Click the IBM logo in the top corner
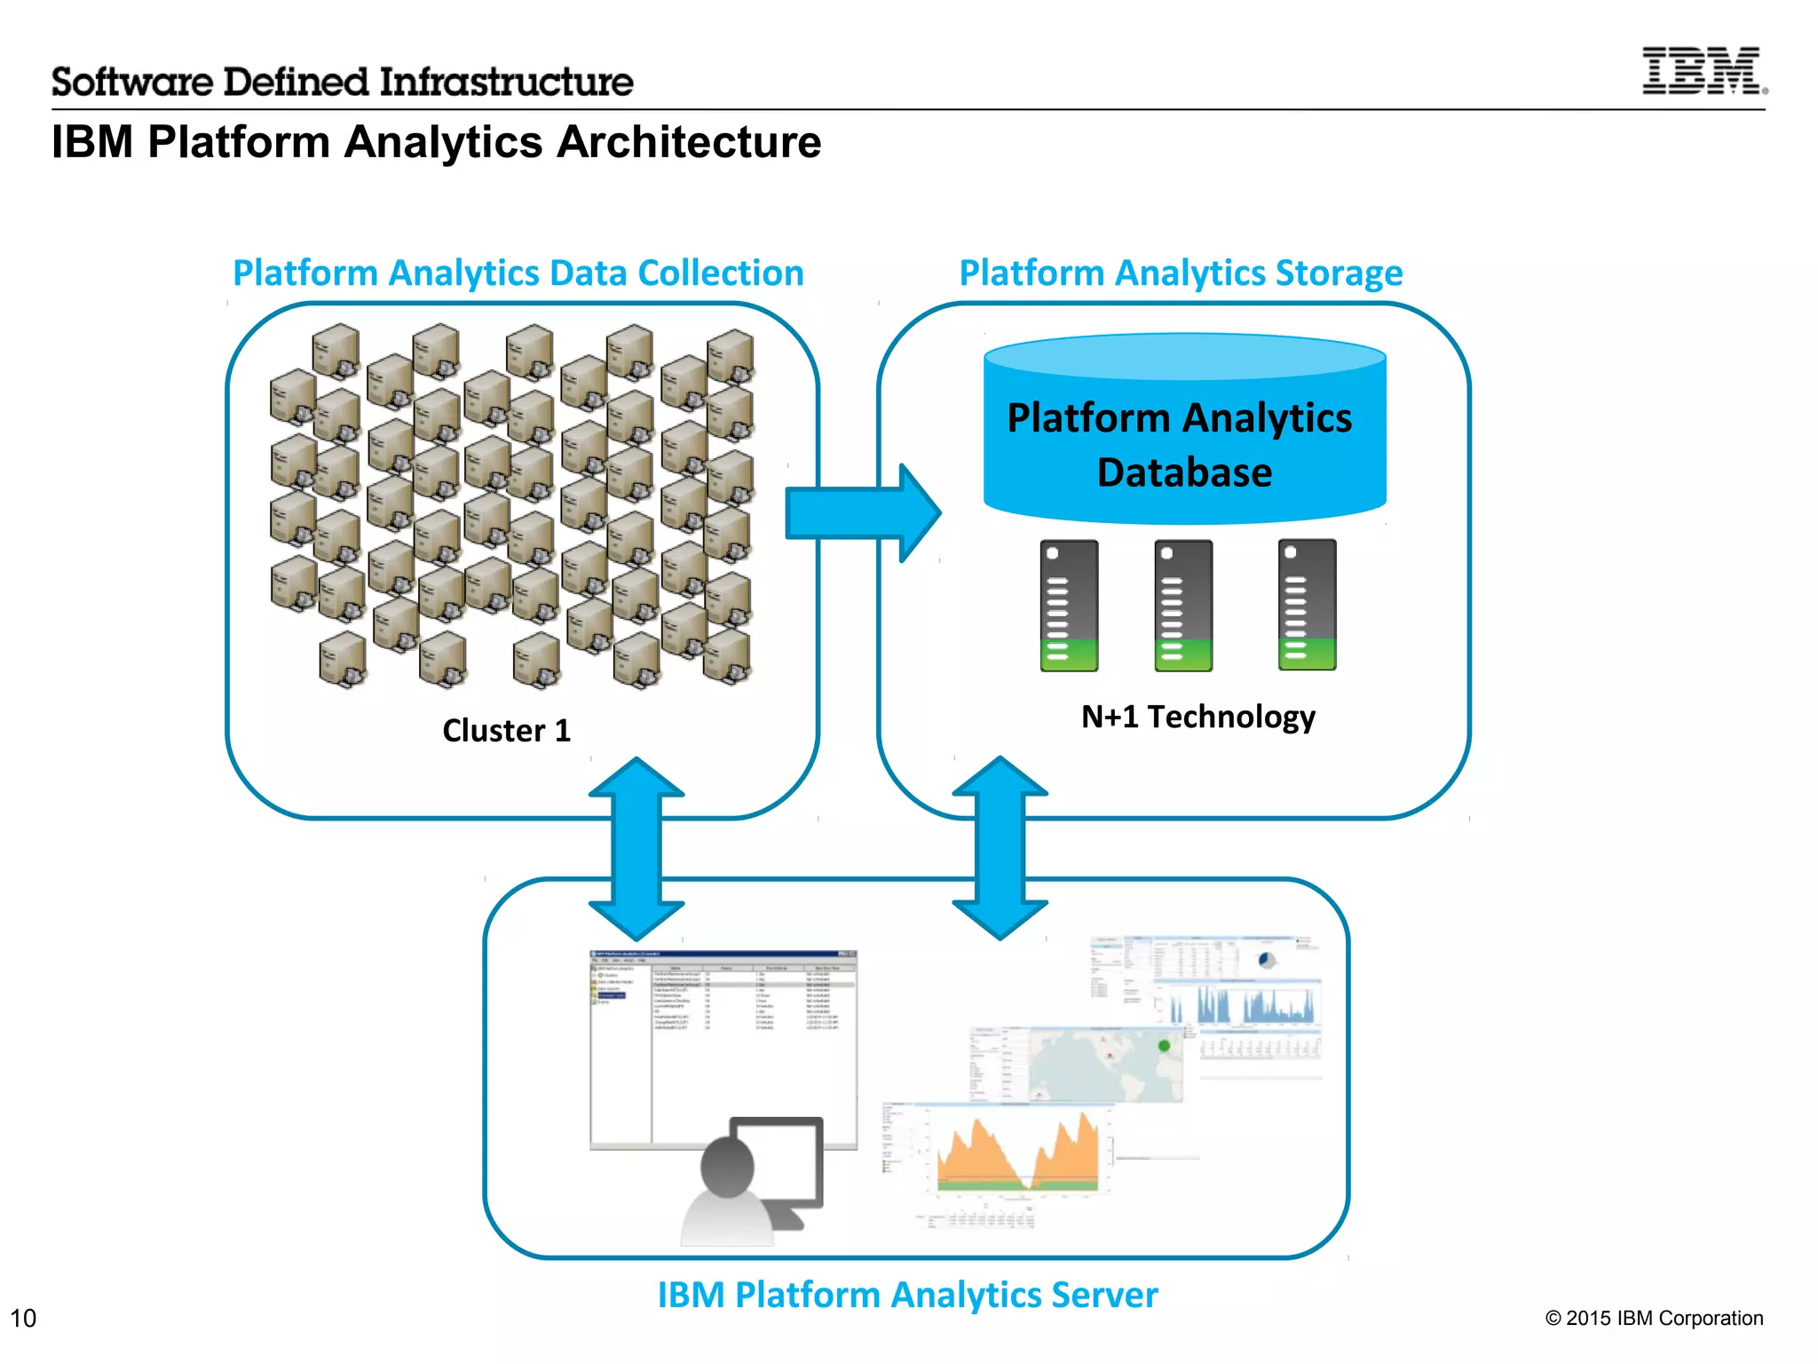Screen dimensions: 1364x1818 1703,71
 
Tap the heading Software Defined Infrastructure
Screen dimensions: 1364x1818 342,82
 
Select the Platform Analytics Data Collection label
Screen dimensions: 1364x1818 518,273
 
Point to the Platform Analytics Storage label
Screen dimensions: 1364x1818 1181,273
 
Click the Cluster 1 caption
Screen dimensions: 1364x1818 506,730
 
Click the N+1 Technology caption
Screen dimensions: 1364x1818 1198,716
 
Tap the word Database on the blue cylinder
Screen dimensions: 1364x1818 1184,472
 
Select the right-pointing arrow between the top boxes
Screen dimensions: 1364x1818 861,512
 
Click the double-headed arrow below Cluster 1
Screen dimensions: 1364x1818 636,848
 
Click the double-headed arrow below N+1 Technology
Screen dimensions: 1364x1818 1000,848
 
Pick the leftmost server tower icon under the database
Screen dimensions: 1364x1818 1069,605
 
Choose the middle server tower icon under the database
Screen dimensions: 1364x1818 1183,605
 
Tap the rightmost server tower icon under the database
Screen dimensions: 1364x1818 1307,604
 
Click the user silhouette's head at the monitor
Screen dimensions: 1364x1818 727,1166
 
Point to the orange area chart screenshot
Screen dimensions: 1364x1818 1016,1154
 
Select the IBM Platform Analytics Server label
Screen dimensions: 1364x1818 907,1295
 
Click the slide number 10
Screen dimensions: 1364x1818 23,1318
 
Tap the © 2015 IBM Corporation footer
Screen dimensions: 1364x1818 1654,1318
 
